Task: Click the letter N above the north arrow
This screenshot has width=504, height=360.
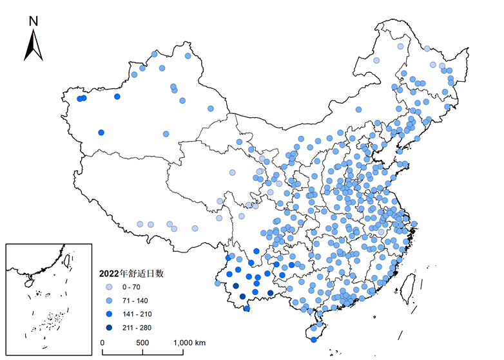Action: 34,21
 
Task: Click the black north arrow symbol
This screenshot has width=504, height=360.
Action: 34,46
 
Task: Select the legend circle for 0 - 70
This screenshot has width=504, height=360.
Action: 110,287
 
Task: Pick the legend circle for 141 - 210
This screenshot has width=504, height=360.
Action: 110,314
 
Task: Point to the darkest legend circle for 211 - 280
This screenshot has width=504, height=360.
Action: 110,328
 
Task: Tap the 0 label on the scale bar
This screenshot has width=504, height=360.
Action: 103,342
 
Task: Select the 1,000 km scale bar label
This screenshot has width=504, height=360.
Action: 188,342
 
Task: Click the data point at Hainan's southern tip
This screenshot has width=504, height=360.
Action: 313,339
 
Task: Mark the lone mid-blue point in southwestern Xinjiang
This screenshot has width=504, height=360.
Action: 101,133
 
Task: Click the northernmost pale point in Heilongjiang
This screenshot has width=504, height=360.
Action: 400,46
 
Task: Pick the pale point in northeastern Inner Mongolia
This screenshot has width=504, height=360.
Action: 376,61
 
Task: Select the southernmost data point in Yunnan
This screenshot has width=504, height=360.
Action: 247,309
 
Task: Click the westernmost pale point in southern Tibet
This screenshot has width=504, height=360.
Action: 140,224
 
